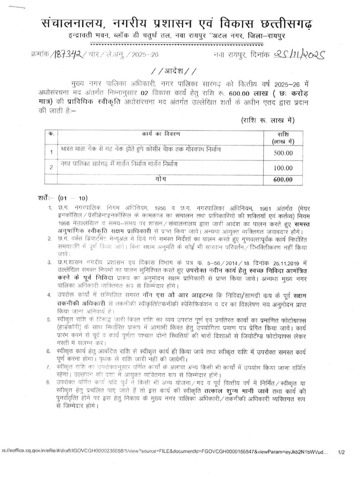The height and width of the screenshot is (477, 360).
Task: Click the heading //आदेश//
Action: pos(174,72)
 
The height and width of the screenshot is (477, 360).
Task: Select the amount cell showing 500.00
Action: pos(283,153)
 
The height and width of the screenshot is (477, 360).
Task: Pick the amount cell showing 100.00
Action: pos(283,168)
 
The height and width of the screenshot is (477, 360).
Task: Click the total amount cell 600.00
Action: pos(283,180)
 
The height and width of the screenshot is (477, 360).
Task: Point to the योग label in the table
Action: pos(160,179)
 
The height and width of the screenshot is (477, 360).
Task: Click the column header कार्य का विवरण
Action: pos(161,134)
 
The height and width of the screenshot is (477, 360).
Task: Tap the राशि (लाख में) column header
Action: pos(283,138)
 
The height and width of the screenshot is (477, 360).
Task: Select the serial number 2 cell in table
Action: pos(51,167)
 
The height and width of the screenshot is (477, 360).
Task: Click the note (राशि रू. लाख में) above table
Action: pos(267,120)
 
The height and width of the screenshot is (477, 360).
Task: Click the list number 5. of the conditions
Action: pos(49,319)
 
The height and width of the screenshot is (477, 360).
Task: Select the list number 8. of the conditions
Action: pos(49,382)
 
